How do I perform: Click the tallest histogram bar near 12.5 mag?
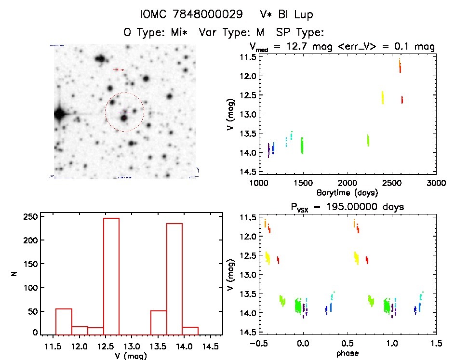(111, 275)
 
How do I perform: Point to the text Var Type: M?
(233, 32)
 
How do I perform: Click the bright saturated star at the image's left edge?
(59, 115)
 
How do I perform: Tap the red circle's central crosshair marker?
(124, 112)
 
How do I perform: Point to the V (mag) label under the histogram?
(132, 355)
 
